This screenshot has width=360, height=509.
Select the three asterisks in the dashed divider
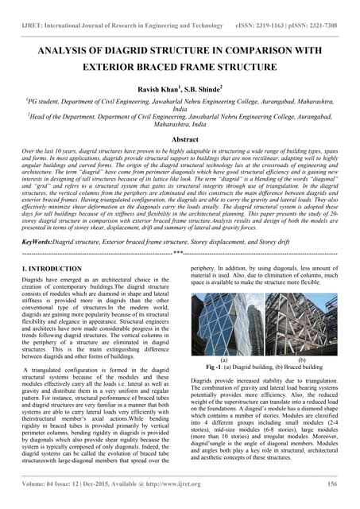(x=179, y=252)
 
